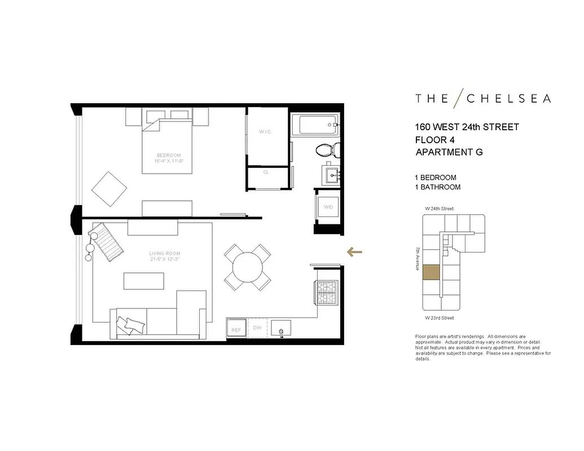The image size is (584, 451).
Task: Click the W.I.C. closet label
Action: click(266, 132)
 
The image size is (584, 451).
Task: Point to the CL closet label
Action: click(266, 173)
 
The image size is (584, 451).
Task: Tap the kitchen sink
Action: click(280, 328)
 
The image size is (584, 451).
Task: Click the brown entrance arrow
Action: click(354, 252)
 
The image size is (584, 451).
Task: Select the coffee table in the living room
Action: click(144, 281)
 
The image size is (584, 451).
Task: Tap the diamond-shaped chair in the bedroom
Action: click(109, 189)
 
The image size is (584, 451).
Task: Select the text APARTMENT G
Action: click(449, 152)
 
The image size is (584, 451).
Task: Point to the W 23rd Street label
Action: click(439, 318)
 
